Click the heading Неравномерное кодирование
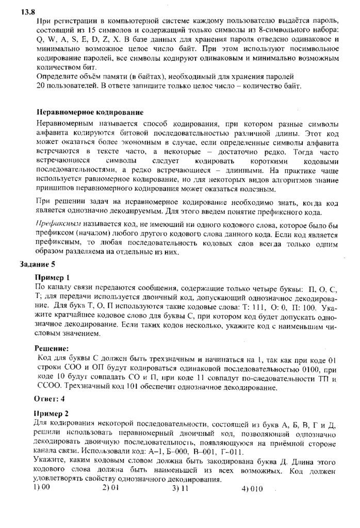90,112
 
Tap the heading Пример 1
51,277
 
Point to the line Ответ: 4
50,398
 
